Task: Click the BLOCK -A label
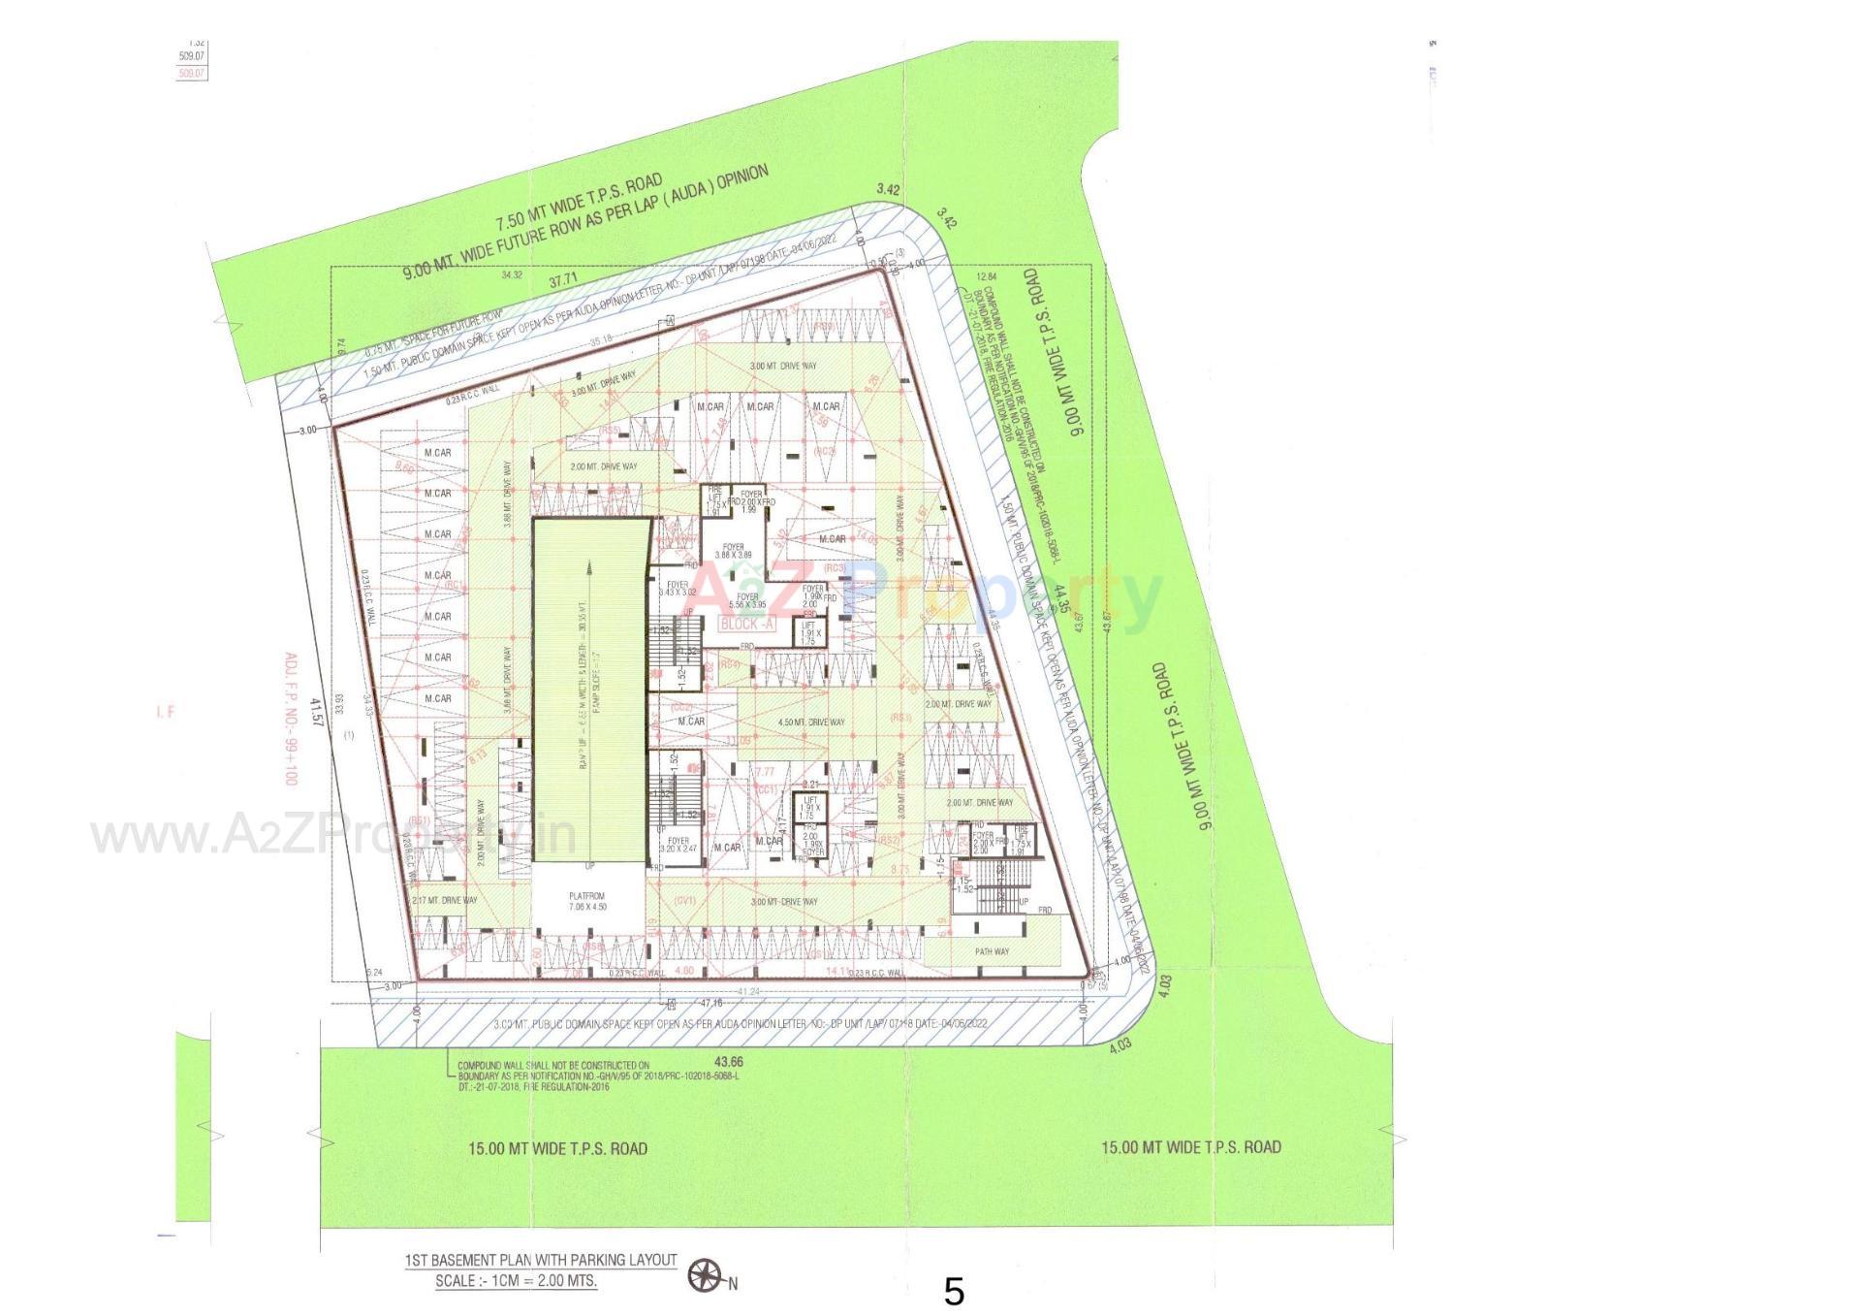[747, 625]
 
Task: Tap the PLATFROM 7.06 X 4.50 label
[586, 902]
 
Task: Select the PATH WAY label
[992, 951]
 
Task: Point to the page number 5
[954, 1292]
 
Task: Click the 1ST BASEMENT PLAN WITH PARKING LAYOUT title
[541, 1260]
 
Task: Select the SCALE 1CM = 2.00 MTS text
[516, 1280]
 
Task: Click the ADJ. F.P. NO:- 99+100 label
[289, 719]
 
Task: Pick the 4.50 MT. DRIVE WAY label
[812, 722]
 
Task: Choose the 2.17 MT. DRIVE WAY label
[445, 900]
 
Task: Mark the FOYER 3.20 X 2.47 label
[678, 845]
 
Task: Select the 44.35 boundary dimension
[1064, 599]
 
